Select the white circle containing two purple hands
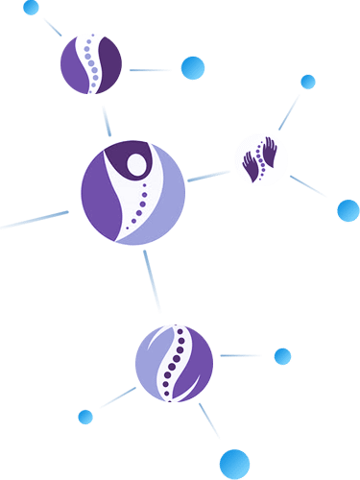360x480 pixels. coord(262,159)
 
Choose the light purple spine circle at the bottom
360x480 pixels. coord(174,363)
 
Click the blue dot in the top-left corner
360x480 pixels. coord(32,9)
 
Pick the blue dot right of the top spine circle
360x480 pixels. coord(193,68)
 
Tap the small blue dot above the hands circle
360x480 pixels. coord(307,82)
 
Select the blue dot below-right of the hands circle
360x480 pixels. coord(348,210)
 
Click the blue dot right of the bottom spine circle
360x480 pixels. coord(282,357)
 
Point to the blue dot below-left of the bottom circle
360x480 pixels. coord(85,417)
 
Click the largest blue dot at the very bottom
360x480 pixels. coord(234,463)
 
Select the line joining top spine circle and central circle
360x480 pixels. coord(107,119)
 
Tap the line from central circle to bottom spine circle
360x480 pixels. coord(152,280)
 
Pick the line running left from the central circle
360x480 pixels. coord(35,221)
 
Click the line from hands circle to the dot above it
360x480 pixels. coord(289,111)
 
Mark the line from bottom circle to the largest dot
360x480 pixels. coord(210,421)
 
